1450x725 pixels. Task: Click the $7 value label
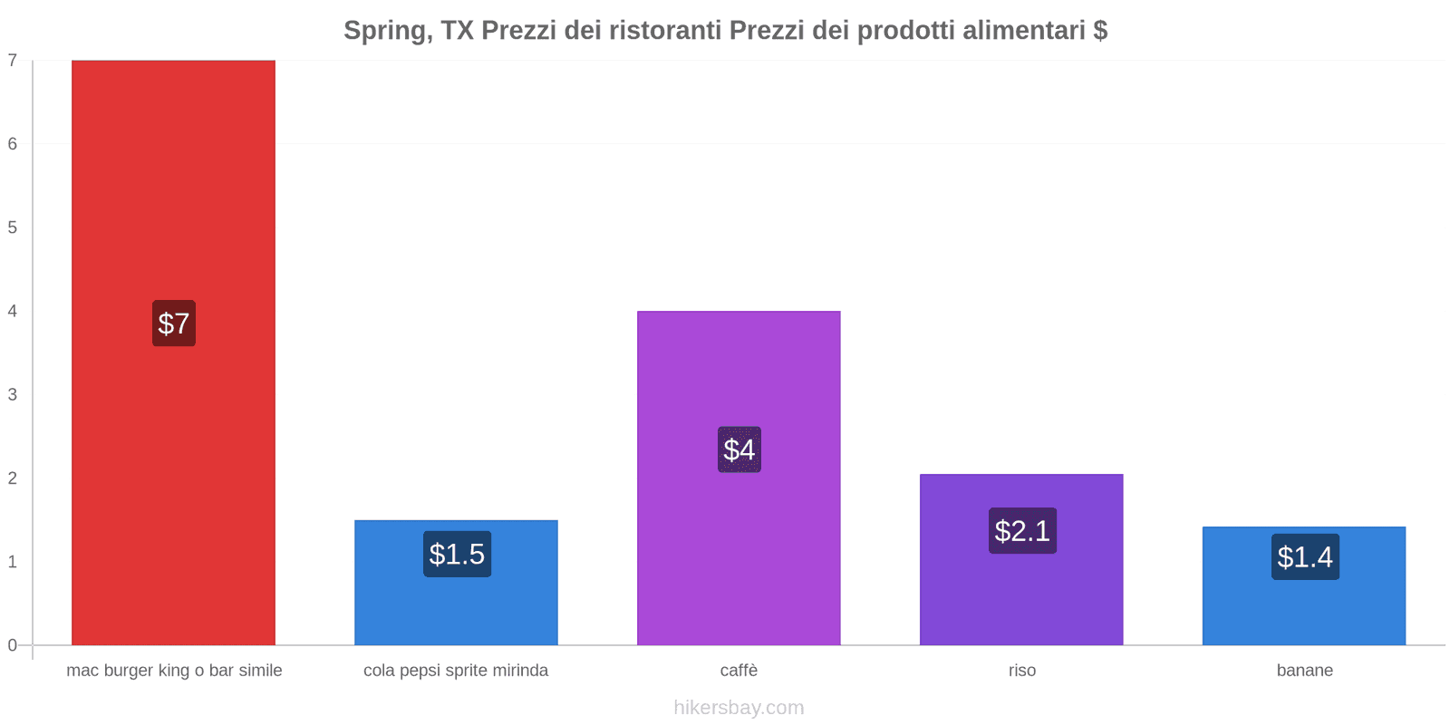(x=173, y=324)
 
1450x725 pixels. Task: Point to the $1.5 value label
(x=457, y=554)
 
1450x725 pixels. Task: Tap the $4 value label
(x=739, y=449)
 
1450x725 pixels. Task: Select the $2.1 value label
(x=1022, y=530)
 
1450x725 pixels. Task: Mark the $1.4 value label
(x=1305, y=556)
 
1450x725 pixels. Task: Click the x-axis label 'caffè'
(x=739, y=671)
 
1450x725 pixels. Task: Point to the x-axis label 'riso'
(x=1021, y=671)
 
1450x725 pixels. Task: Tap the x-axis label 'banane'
(x=1304, y=671)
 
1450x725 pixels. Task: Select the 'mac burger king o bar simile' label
(x=174, y=671)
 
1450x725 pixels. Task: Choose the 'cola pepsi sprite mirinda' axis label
(x=456, y=671)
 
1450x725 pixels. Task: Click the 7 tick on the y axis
(x=13, y=61)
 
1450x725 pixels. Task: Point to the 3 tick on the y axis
(x=13, y=394)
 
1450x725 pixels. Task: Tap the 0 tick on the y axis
(x=13, y=645)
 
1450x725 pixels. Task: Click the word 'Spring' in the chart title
(x=384, y=31)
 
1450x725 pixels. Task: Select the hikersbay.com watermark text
(x=739, y=708)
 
